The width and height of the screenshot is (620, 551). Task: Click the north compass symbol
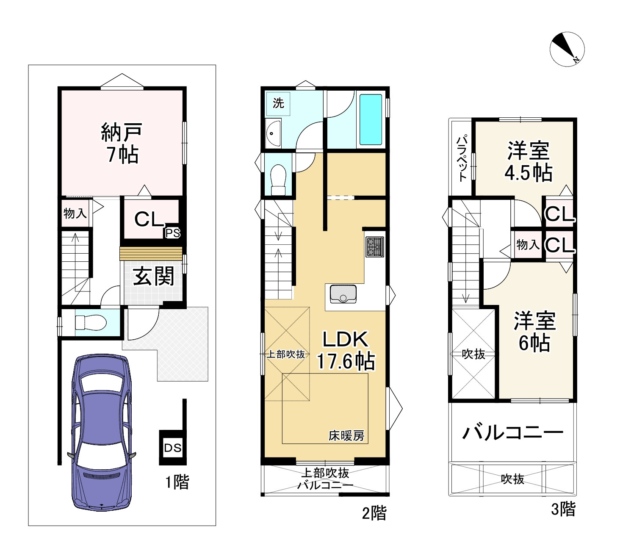coord(567,49)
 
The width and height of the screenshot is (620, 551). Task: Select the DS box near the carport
coord(173,448)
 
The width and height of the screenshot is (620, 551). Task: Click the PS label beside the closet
coord(173,233)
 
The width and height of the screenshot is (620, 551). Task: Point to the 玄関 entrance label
coord(154,276)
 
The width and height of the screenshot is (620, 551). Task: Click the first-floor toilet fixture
coord(91,322)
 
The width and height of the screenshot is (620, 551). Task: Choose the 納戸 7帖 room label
coord(122,143)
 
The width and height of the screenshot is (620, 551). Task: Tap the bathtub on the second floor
coord(371,119)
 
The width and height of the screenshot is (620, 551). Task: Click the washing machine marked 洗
coord(278,103)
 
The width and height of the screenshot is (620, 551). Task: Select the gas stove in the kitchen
coord(374,247)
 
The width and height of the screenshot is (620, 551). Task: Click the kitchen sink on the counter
coord(343,293)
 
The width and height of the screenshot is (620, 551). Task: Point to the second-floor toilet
coord(278,180)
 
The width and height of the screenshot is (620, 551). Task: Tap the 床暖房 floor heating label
coord(346,436)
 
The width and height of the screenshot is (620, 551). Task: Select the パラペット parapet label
coord(462,158)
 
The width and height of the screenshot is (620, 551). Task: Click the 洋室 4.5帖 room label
coord(528,161)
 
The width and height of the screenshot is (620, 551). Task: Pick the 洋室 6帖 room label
coord(534,331)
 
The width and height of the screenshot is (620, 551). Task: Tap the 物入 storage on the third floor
coord(528,244)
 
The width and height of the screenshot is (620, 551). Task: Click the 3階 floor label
coord(563,509)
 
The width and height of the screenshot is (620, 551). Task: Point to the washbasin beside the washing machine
coord(273,133)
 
